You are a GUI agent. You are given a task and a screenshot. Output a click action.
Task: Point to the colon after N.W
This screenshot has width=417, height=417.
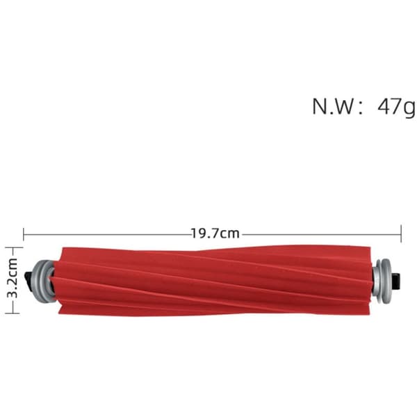coord(361,108)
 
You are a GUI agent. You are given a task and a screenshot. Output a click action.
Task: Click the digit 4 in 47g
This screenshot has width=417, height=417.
coord(384,106)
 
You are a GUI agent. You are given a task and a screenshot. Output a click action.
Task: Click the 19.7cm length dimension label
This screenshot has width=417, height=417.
coord(215,234)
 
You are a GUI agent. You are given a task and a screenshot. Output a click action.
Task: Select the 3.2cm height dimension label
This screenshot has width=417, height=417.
coord(13,277)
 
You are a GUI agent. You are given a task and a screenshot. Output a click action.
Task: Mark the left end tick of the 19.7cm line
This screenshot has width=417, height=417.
coord(24,235)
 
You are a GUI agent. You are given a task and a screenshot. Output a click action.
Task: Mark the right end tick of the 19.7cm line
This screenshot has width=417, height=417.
coord(401,234)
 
